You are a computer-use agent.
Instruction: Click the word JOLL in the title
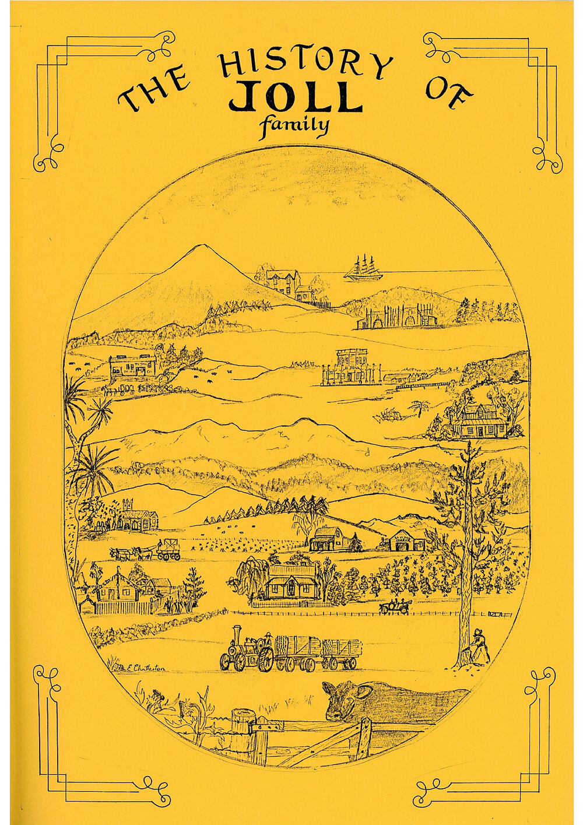click(x=295, y=97)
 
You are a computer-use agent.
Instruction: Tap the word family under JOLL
click(x=295, y=125)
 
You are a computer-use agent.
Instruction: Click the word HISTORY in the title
click(x=304, y=63)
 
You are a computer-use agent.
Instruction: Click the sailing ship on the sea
click(x=361, y=269)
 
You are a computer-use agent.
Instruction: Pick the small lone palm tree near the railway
click(x=418, y=408)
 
